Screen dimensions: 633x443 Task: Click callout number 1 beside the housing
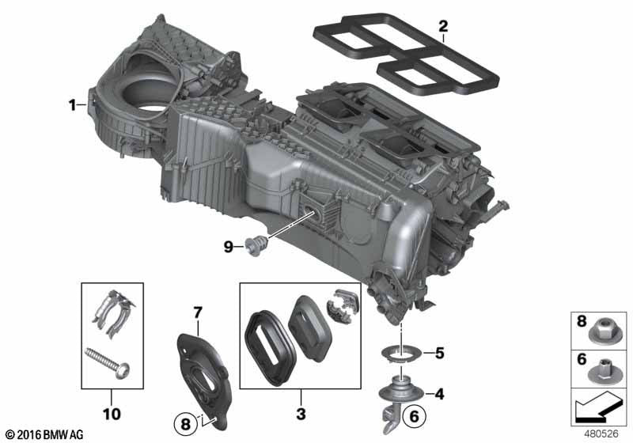(x=72, y=106)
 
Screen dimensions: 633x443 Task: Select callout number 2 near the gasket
(x=443, y=27)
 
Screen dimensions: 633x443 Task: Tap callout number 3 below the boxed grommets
(x=301, y=414)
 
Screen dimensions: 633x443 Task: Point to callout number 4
(x=439, y=394)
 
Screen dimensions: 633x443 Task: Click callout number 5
(x=440, y=354)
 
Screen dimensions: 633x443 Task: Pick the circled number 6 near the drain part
(x=415, y=416)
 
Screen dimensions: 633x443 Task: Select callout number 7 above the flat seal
(x=197, y=312)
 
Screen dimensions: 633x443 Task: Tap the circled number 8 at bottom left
(x=185, y=424)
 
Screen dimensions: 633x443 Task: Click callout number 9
(x=229, y=247)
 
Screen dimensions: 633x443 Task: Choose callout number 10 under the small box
(x=112, y=414)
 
